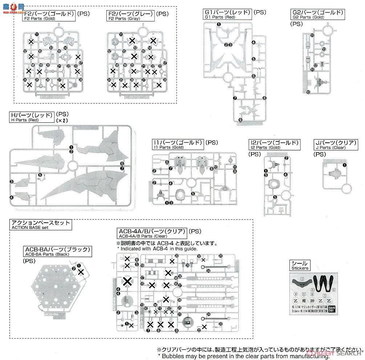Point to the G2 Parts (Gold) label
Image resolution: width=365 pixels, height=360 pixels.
(x=318, y=15)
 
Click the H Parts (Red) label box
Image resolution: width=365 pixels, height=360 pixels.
(x=32, y=116)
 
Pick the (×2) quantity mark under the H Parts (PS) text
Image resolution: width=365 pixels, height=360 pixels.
(x=62, y=120)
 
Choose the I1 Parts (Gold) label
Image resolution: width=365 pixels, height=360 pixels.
(x=178, y=145)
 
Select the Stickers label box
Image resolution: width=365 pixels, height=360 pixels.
(x=300, y=266)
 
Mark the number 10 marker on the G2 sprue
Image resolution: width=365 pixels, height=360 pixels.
(x=308, y=92)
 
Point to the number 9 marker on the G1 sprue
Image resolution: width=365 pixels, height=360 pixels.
(x=240, y=120)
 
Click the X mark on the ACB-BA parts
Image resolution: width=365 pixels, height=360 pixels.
(x=81, y=272)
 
